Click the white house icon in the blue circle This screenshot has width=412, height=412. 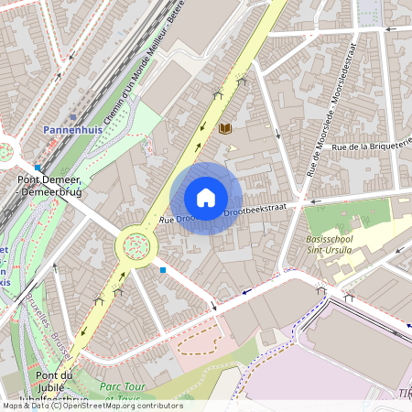coord(206,198)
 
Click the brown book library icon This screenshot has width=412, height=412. coord(224,129)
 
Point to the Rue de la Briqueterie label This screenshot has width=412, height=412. coord(372,145)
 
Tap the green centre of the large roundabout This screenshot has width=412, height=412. coord(136,244)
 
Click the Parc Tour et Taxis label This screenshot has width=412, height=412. coord(124,393)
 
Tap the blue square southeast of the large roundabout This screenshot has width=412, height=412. coord(163,269)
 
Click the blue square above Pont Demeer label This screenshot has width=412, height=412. coord(38,168)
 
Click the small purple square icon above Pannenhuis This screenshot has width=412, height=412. coord(73,117)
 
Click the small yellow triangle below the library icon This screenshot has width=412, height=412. coord(232,146)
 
